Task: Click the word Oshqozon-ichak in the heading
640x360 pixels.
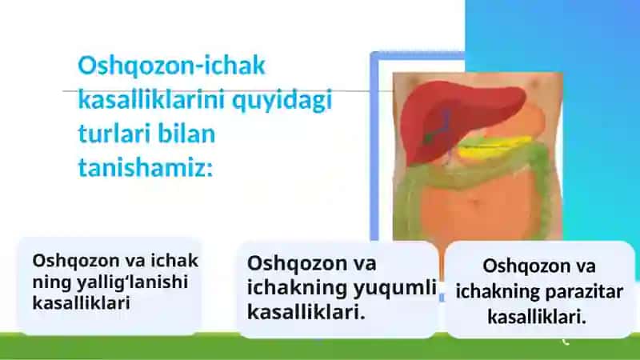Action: (171, 66)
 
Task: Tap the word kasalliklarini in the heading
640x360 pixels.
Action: (152, 99)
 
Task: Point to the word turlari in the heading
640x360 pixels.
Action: (114, 134)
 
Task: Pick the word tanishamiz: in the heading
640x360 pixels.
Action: (146, 167)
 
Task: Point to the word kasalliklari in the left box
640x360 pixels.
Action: (81, 303)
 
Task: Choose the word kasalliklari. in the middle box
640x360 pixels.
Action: (306, 313)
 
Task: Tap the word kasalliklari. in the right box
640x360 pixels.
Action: (537, 317)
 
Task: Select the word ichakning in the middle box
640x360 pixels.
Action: (297, 288)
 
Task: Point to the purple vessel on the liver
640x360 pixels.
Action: (446, 122)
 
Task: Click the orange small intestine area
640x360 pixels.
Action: (482, 208)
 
